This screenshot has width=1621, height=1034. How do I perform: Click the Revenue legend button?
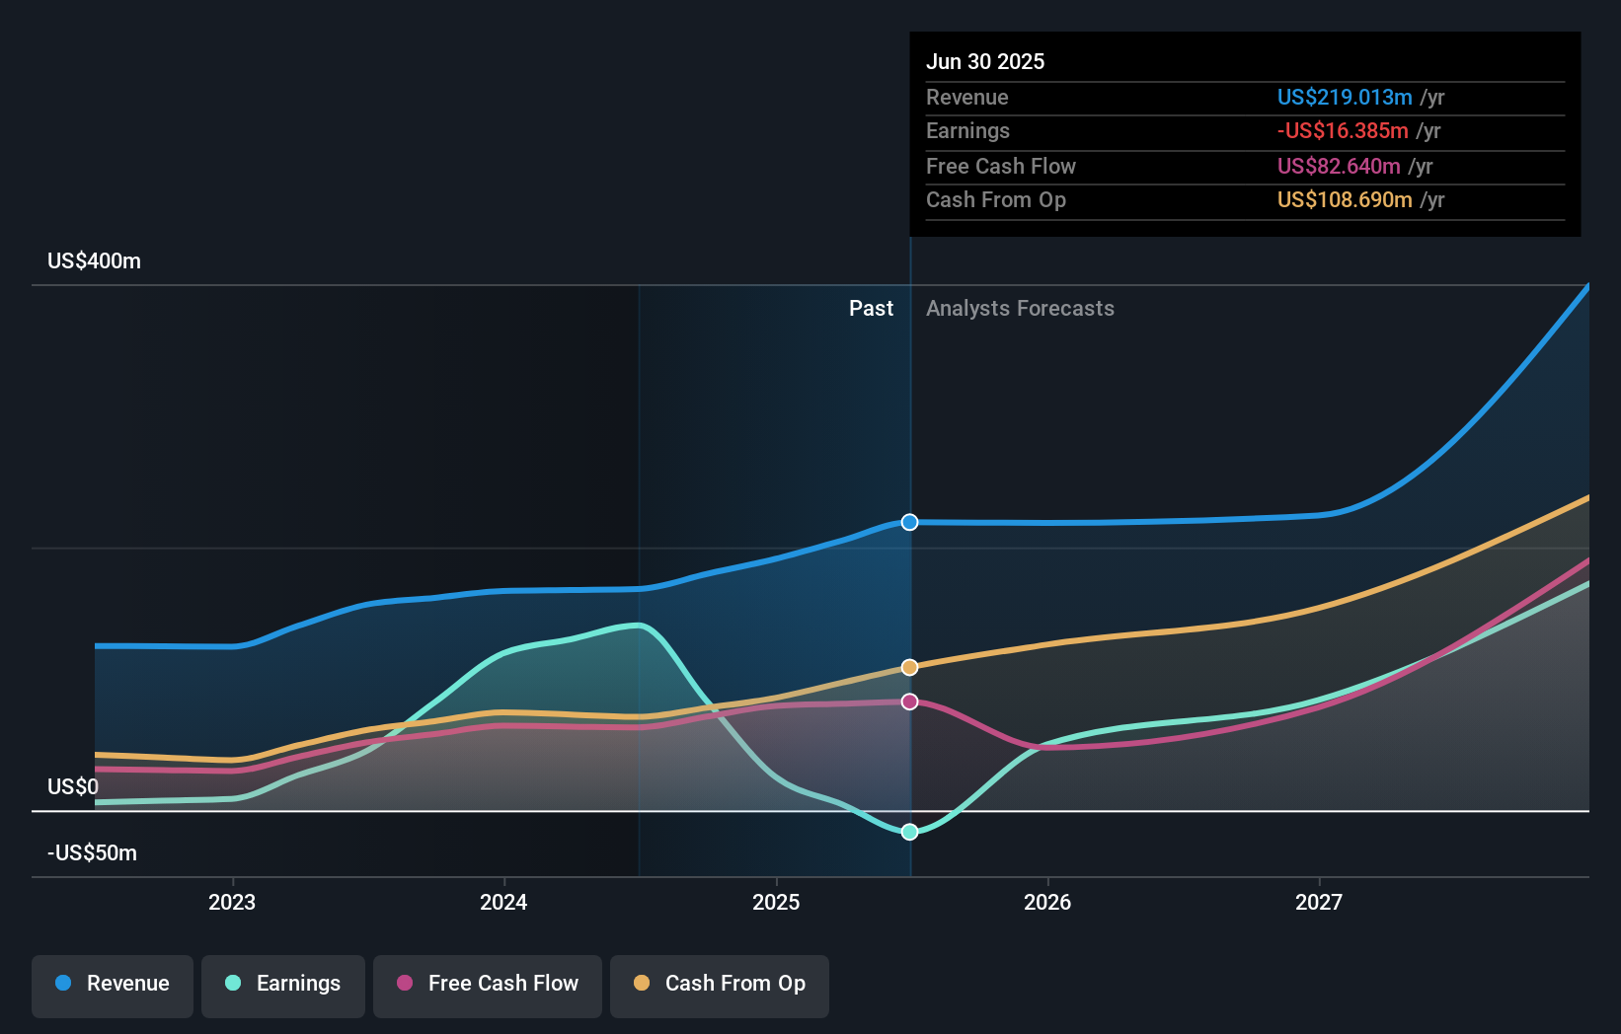pos(113,984)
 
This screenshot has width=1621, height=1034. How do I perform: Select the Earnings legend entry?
pos(283,984)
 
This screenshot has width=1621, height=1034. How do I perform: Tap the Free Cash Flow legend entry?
pos(488,984)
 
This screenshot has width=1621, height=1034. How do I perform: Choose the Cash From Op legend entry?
pos(720,984)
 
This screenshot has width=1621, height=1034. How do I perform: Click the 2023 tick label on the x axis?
pos(232,902)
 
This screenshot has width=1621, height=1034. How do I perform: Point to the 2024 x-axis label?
pos(503,902)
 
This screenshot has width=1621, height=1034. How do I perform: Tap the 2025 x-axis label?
pos(776,902)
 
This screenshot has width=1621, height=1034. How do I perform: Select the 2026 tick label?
pos(1047,902)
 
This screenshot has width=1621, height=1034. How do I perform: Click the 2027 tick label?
pos(1319,902)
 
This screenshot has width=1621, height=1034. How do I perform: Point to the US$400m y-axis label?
pos(94,261)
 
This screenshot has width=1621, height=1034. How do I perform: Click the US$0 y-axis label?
pos(73,786)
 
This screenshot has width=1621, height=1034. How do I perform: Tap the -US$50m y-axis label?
pos(92,852)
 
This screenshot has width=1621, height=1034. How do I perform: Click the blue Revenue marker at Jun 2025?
pos(910,522)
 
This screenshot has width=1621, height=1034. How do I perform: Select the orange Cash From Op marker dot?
pos(910,668)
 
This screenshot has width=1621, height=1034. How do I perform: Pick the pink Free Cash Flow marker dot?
pos(910,702)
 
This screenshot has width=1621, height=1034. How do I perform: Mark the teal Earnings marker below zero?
pos(910,832)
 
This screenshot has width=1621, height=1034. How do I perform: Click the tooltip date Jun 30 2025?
pos(985,61)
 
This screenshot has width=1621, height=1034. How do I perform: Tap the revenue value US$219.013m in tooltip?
pos(1345,97)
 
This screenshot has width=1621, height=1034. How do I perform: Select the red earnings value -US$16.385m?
pos(1343,130)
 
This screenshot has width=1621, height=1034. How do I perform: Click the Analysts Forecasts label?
pos(1020,309)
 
